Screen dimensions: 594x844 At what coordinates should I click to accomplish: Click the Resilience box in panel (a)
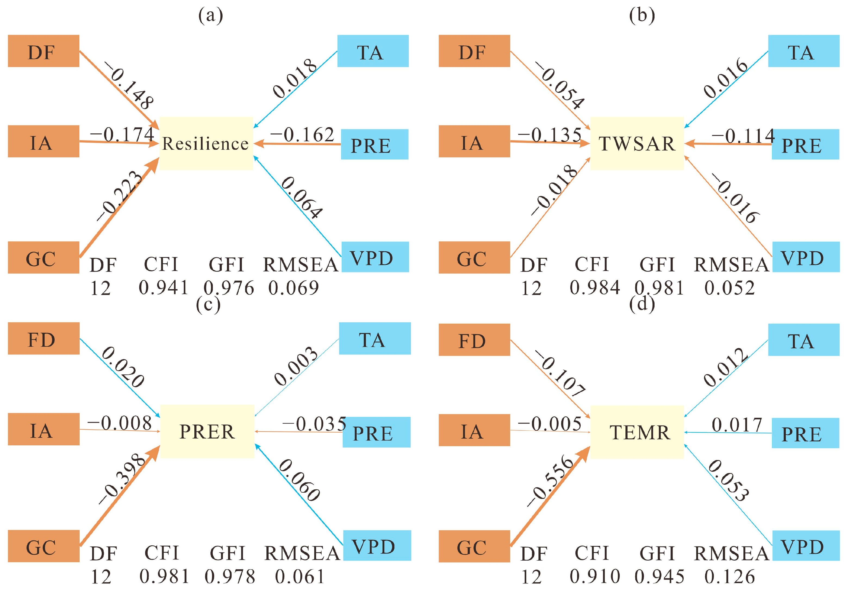coord(206,143)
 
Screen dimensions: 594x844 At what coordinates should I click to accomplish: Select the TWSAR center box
coord(637,143)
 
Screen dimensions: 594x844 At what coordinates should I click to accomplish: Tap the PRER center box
coord(207,432)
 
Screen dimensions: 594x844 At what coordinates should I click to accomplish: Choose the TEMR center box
coord(637,432)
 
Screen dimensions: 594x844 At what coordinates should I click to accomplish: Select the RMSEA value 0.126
coord(730,576)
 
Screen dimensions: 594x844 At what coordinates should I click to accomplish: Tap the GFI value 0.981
coord(659,288)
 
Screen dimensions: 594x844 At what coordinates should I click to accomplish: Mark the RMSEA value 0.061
coord(300,576)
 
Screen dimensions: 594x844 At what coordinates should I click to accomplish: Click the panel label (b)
coord(642,15)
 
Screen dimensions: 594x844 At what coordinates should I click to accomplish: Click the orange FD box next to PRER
coord(43,339)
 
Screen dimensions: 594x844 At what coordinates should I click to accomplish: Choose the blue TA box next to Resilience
coord(373,51)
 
